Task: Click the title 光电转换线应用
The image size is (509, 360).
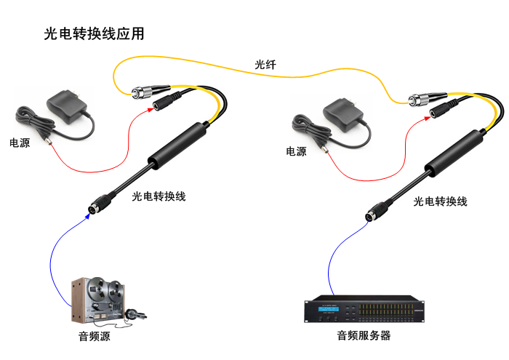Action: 95,34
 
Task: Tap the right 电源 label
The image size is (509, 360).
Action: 296,151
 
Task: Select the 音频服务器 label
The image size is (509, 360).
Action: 364,336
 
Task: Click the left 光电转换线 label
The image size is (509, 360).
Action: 159,196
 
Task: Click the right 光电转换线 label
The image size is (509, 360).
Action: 440,201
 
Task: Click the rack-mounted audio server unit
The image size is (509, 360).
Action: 364,311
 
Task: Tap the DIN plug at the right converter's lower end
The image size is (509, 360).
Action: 374,212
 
